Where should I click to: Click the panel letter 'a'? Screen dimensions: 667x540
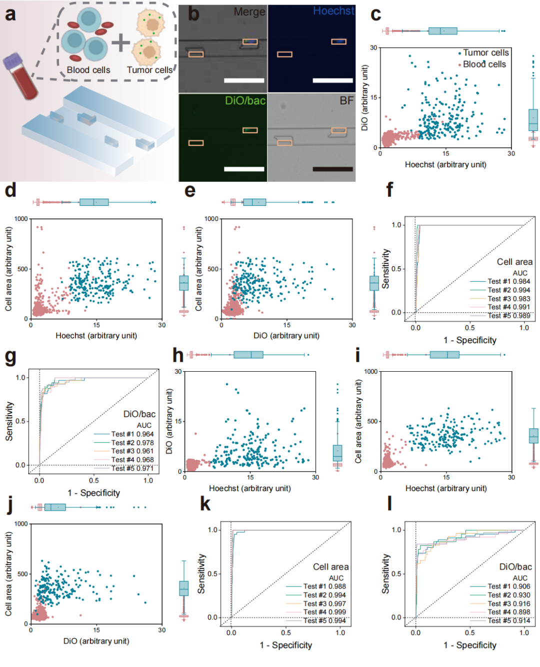(10, 14)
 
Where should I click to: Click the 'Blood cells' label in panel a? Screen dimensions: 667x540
(88, 70)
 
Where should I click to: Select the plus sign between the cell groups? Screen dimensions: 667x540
(120, 43)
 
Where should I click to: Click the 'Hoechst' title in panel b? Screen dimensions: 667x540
(333, 11)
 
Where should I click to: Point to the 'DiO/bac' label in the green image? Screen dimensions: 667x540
(245, 101)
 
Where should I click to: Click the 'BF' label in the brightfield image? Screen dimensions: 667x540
(346, 101)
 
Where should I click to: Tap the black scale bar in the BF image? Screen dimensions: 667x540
(332, 169)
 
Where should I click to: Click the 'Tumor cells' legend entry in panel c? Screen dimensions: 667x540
(485, 52)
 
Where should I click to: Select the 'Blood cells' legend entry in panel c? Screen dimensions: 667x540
(484, 64)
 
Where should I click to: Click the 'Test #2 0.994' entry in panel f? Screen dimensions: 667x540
(508, 290)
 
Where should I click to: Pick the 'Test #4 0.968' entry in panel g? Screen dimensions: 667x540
(132, 460)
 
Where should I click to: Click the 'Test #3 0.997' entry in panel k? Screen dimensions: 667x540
(324, 604)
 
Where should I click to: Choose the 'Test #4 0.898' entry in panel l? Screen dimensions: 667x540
(508, 612)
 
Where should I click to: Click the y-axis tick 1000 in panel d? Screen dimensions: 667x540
(21, 219)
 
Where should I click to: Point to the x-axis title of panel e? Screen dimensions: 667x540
(286, 336)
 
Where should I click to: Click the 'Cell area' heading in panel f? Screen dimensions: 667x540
(514, 262)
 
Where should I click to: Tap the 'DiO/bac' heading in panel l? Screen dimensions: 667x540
(515, 567)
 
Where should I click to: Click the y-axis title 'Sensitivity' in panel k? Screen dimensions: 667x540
(201, 574)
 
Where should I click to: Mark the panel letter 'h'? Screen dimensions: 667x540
(178, 355)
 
